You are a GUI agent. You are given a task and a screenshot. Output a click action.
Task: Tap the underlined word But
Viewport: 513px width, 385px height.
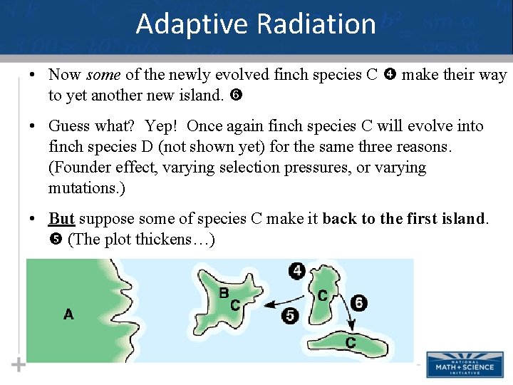[61, 219]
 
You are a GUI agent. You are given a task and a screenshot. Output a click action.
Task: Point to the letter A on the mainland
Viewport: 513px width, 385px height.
[68, 314]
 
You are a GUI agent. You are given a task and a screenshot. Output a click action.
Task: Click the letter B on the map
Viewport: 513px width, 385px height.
[224, 293]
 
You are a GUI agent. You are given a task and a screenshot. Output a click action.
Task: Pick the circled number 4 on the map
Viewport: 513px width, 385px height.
[297, 271]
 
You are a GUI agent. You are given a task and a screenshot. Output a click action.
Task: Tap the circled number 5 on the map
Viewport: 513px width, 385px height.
[289, 316]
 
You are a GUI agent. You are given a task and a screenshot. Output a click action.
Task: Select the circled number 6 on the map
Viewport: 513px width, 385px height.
[359, 303]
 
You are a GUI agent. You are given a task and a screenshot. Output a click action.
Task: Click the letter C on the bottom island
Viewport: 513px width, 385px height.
[351, 344]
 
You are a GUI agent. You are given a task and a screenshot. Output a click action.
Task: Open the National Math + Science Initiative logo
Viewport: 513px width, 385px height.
[464, 364]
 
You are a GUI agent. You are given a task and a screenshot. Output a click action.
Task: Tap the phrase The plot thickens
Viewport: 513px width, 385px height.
[139, 240]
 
